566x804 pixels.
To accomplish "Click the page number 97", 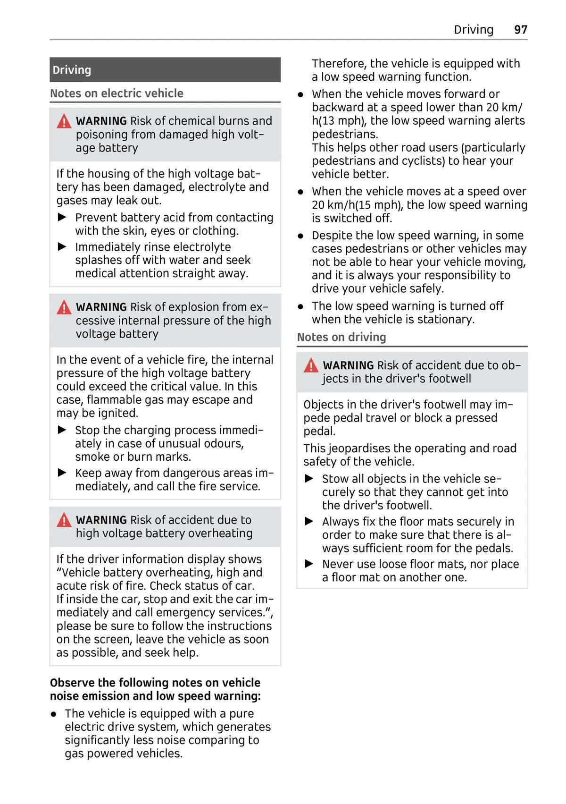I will pos(520,30).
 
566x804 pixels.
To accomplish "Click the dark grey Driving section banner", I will pos(165,70).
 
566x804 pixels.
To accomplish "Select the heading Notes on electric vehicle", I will pos(117,93).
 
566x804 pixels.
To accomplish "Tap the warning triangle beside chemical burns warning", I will pos(64,122).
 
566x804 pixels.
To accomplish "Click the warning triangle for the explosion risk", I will pos(64,308).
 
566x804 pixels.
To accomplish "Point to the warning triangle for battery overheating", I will pos(64,520).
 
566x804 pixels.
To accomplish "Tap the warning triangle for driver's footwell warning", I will pos(311,366).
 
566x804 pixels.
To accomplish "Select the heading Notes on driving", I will pos(341,337).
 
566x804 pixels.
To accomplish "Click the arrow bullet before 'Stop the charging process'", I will pos(62,430).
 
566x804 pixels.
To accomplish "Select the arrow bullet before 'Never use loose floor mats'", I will pos(309,564).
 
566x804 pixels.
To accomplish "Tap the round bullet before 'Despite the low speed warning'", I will pos(300,236).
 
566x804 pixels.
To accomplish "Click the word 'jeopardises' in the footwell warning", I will pos(359,448).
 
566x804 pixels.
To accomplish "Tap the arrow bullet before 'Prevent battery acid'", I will pos(62,217).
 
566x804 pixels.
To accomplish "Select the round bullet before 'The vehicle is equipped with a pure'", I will pos(54,714).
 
